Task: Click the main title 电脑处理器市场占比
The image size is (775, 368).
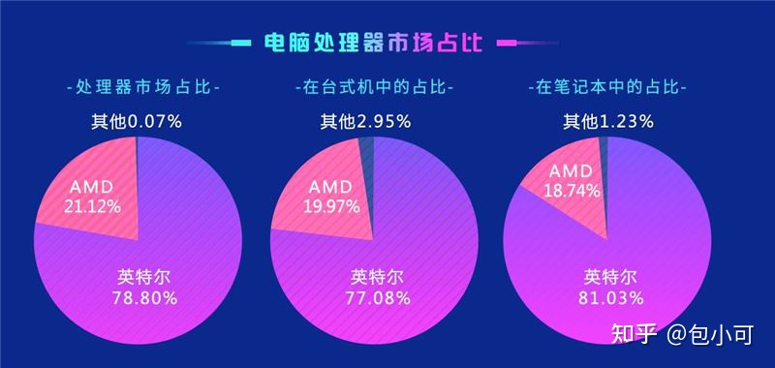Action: (377, 43)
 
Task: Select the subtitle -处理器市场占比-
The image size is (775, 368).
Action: (142, 88)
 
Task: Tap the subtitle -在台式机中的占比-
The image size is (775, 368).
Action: (374, 88)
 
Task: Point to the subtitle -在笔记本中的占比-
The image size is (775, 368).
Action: (609, 88)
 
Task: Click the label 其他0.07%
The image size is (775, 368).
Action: (137, 122)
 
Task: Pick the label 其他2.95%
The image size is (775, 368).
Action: (366, 122)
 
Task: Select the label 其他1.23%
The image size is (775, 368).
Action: (608, 122)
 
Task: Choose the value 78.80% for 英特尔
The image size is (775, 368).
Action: (144, 299)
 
